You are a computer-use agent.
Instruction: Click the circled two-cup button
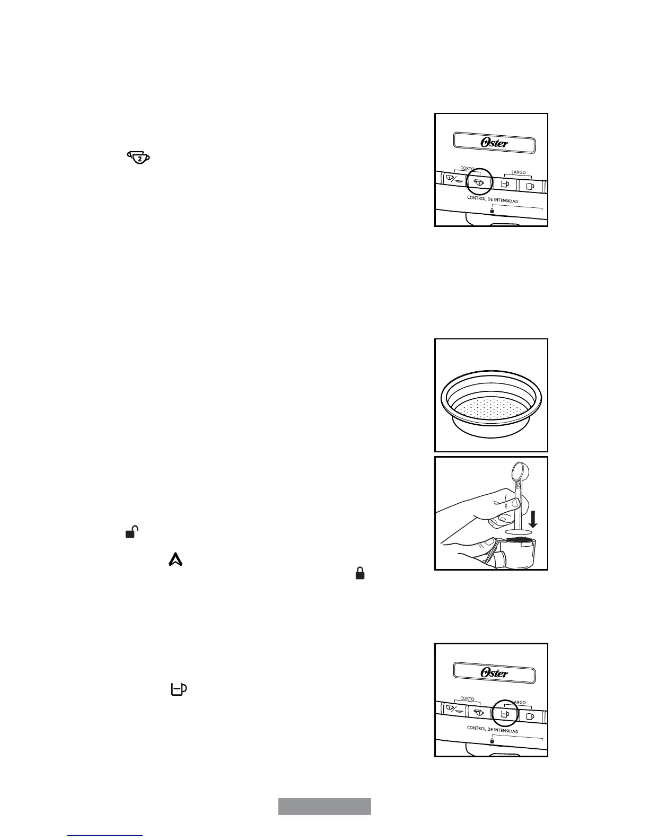(x=479, y=182)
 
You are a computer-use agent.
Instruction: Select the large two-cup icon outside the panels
(x=139, y=157)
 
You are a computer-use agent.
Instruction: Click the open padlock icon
(x=131, y=532)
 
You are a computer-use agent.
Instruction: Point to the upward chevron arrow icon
(x=176, y=559)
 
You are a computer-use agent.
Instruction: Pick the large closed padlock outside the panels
(x=359, y=573)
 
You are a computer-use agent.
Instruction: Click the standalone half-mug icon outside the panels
(x=179, y=689)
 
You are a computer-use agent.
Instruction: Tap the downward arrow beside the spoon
(x=533, y=519)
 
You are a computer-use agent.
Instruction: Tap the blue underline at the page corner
(x=105, y=836)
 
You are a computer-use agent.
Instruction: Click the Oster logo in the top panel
(x=494, y=143)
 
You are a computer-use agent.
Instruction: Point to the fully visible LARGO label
(x=518, y=172)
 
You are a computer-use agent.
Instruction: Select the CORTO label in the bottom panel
(x=467, y=699)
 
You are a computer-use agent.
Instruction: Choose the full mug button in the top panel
(x=530, y=186)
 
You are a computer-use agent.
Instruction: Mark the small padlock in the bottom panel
(x=492, y=741)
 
